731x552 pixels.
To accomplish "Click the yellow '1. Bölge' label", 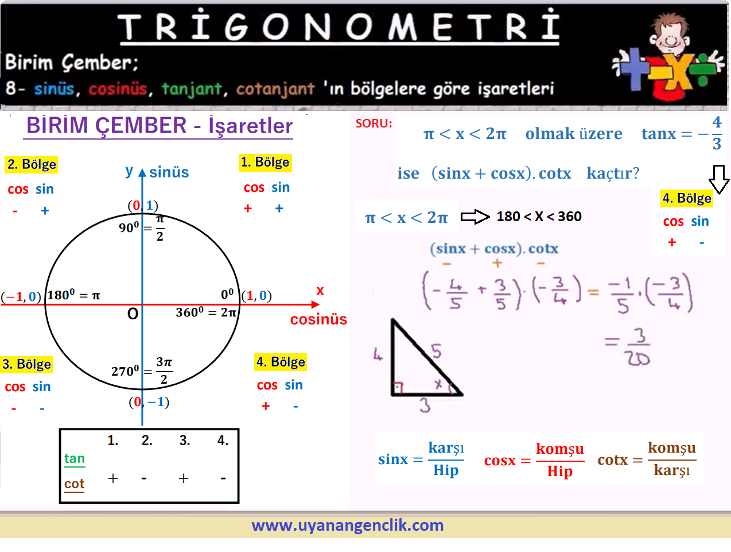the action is click(265, 163).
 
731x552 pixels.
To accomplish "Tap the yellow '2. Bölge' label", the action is click(32, 165).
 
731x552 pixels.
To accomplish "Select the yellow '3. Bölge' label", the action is click(26, 364).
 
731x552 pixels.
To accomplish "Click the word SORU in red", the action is click(374, 123).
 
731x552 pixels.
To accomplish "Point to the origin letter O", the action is click(133, 314).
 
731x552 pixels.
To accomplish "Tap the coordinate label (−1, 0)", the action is click(21, 296).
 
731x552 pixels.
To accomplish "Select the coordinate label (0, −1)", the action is click(149, 402).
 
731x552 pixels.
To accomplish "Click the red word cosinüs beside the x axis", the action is click(318, 319).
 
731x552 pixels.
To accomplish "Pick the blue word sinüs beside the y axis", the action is click(169, 172).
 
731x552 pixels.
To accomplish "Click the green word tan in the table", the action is click(75, 459).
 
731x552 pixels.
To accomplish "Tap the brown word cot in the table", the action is click(74, 484).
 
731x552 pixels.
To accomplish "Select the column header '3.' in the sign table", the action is click(185, 441).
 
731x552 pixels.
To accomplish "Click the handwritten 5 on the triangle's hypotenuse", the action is click(436, 352).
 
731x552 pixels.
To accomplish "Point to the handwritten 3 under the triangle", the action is click(425, 405).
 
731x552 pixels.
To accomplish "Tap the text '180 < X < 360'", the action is click(539, 217).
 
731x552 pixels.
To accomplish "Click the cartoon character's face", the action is click(668, 36).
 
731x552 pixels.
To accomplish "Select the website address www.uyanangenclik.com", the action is click(348, 526).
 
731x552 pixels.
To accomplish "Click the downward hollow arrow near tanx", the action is click(719, 179).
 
